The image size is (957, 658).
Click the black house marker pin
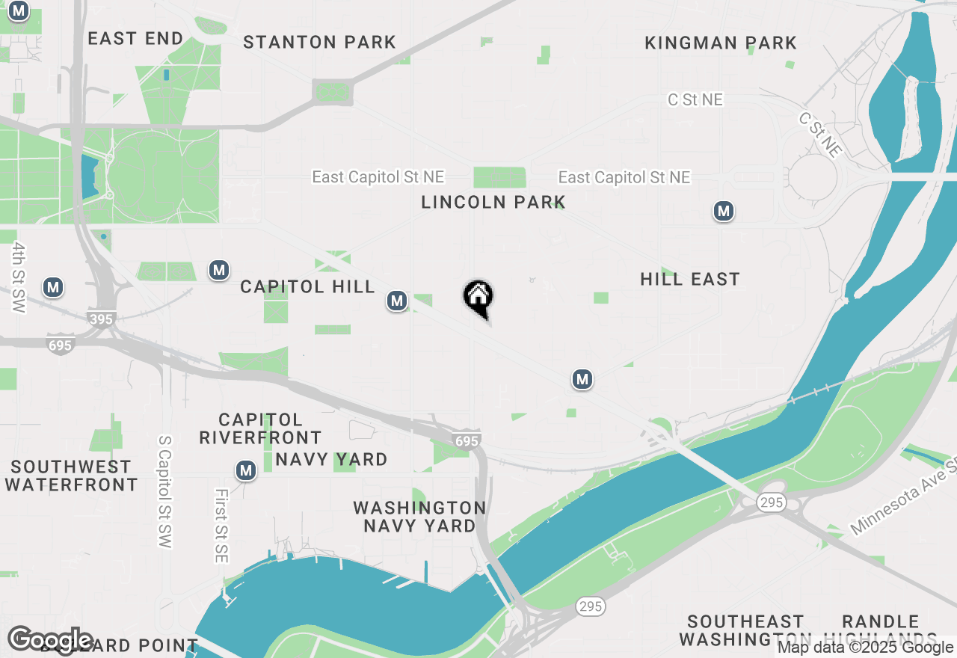(x=478, y=298)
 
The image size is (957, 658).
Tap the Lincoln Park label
(x=493, y=202)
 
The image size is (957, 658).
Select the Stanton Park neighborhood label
(x=319, y=42)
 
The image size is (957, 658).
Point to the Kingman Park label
(x=721, y=43)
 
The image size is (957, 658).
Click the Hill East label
(x=690, y=280)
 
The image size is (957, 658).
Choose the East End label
(x=135, y=39)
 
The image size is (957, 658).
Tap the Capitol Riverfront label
(x=260, y=428)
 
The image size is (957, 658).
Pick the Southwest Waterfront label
(x=71, y=476)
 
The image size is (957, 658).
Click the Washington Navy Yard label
(x=419, y=517)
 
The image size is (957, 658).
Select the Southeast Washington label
(x=745, y=630)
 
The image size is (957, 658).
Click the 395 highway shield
(x=102, y=319)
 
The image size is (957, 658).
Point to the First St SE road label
(x=221, y=526)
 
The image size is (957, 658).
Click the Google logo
(x=50, y=639)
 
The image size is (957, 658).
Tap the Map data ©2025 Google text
(x=865, y=648)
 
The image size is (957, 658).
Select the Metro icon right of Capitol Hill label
(x=397, y=301)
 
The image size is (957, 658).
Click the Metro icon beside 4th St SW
(x=52, y=287)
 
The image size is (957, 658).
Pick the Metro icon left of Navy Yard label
(x=245, y=471)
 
